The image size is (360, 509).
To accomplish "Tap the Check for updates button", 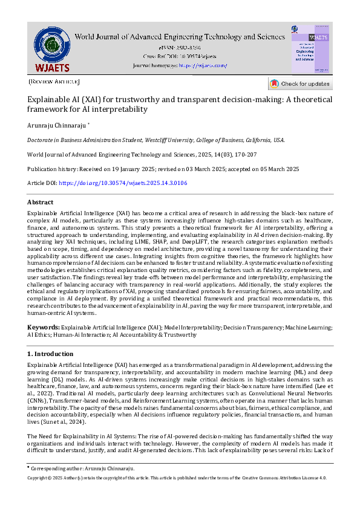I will pos(300,83).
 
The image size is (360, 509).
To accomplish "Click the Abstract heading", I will pos(40,202).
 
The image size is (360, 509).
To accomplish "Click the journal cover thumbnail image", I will pos(311,49).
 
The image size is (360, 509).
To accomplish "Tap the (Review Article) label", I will pos(53,81).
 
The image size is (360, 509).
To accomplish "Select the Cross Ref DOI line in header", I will pos(180,56).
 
